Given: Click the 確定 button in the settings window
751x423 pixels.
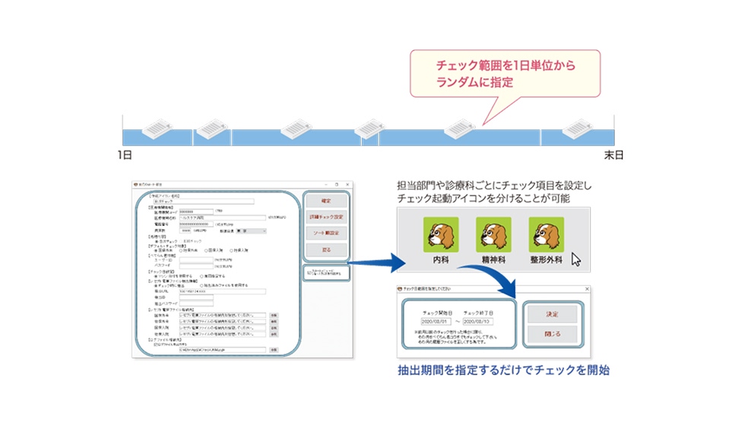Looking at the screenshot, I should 327,201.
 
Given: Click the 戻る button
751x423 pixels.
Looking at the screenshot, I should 327,249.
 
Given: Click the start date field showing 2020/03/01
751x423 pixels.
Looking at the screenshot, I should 431,321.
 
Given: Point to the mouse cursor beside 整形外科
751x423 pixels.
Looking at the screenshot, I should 575,259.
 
